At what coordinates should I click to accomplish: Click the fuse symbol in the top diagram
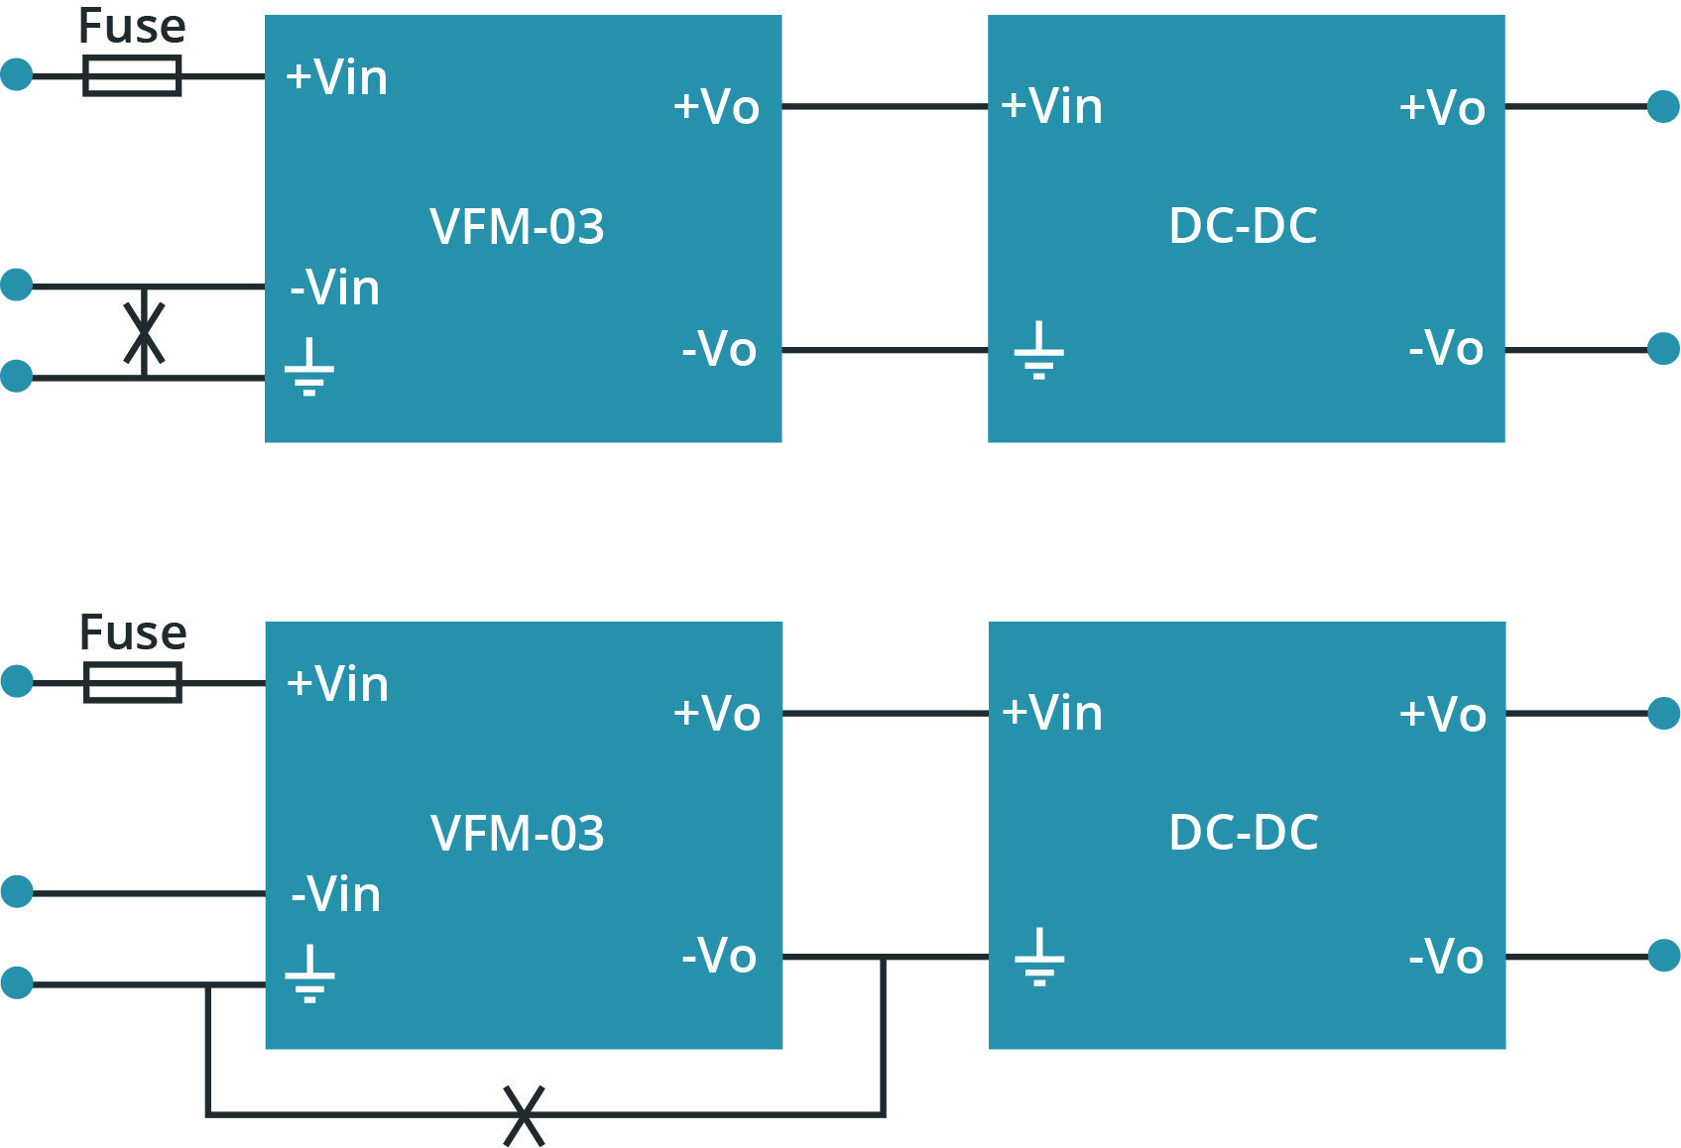click(x=132, y=75)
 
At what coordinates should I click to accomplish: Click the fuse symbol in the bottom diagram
click(x=132, y=682)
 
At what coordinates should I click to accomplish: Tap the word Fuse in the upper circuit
click(x=132, y=27)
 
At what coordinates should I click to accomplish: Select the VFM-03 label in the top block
click(x=517, y=227)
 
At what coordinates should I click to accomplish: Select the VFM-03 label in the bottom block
click(x=517, y=834)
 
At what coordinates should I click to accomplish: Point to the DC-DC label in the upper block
click(x=1243, y=226)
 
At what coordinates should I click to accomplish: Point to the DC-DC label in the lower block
click(x=1243, y=833)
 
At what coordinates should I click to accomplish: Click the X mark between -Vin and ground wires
click(x=145, y=333)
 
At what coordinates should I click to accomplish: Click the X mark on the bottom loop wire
click(x=524, y=1115)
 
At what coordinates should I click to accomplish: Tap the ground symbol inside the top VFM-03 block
click(x=309, y=367)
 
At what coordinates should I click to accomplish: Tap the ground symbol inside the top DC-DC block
click(x=1038, y=351)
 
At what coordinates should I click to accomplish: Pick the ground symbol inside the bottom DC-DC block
click(x=1038, y=958)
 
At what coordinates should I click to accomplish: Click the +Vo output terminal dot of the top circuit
click(x=1663, y=106)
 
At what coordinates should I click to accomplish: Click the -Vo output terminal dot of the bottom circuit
click(x=1663, y=956)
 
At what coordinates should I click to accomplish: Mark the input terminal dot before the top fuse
click(x=17, y=74)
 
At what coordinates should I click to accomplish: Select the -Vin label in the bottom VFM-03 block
click(x=335, y=894)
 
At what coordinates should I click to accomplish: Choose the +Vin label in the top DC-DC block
click(x=1051, y=106)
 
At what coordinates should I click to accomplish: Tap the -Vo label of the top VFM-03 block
click(x=719, y=349)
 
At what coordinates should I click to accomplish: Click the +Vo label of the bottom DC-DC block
click(x=1442, y=714)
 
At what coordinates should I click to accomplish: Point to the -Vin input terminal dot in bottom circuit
click(x=17, y=891)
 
